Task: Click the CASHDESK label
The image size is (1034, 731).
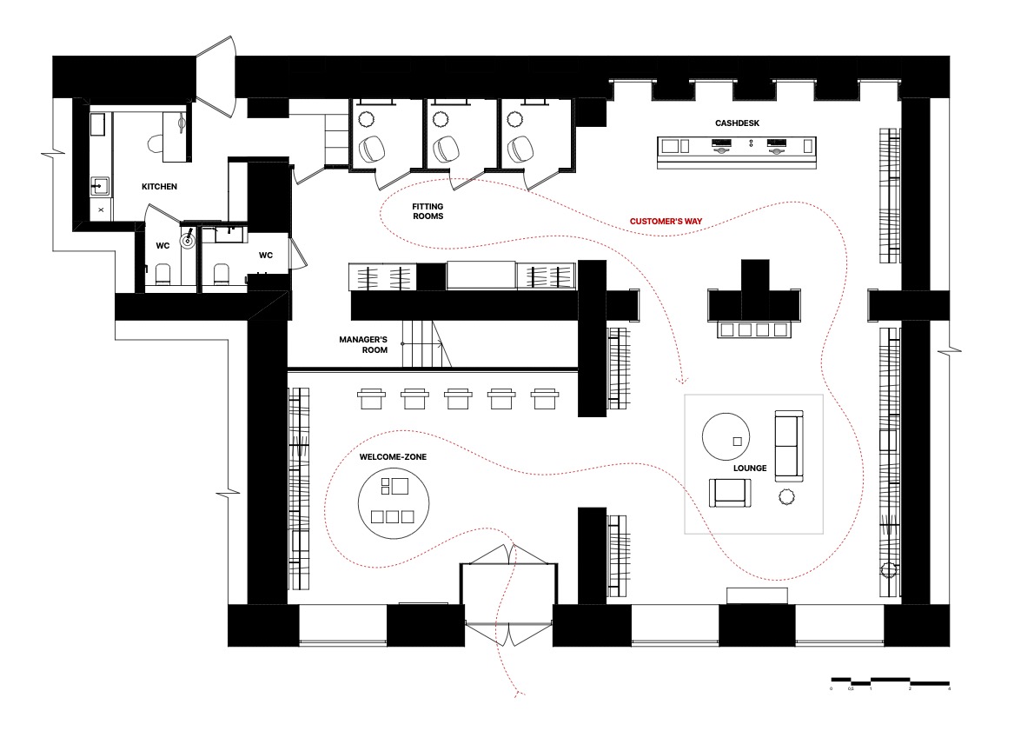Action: click(x=737, y=123)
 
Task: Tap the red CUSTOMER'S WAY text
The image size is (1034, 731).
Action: click(x=666, y=222)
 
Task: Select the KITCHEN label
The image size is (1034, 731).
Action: click(x=160, y=187)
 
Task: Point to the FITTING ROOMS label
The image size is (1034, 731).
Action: click(x=428, y=211)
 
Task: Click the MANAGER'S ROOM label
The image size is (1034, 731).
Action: click(x=363, y=344)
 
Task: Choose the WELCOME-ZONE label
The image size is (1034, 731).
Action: click(x=393, y=456)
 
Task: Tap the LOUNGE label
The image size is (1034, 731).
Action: click(x=750, y=469)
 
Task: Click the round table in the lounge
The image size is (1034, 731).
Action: click(x=726, y=436)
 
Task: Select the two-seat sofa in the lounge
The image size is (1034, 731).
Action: click(x=789, y=445)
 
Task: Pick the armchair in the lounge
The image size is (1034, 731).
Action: click(x=730, y=493)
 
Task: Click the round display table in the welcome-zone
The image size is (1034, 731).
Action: click(x=394, y=502)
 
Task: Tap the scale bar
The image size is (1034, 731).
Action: click(x=891, y=681)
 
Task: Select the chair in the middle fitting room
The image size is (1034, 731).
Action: click(x=445, y=149)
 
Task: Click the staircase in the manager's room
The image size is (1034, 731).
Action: click(x=427, y=343)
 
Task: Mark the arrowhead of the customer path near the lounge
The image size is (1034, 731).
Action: click(x=682, y=380)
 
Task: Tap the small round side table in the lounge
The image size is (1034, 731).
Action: click(x=786, y=496)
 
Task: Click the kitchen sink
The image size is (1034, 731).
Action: click(x=100, y=185)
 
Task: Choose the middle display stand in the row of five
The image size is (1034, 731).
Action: click(x=458, y=398)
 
